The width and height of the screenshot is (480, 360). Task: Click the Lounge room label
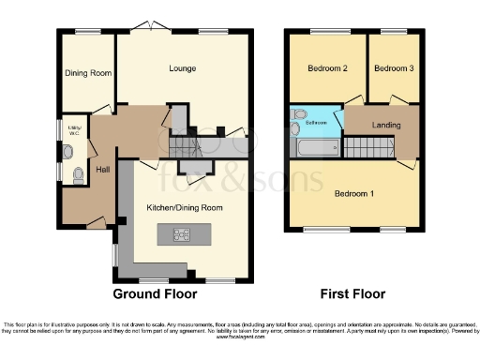click(x=182, y=68)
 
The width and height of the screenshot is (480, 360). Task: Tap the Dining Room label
click(x=87, y=73)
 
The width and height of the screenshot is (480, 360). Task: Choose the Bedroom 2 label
click(x=325, y=68)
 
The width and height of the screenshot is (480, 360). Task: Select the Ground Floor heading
click(x=156, y=292)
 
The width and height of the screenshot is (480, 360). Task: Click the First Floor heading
click(x=354, y=292)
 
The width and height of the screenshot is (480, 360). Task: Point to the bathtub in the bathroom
click(x=315, y=146)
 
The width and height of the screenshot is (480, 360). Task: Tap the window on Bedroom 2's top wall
click(x=323, y=33)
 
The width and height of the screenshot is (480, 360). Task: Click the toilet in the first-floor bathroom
click(x=297, y=117)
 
